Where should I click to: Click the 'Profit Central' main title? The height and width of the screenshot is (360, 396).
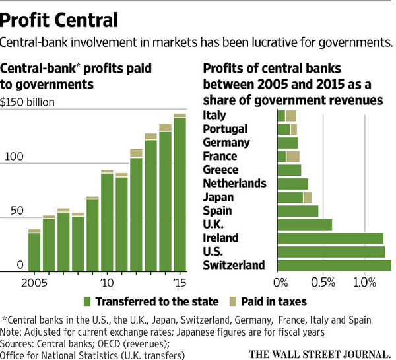point(61,18)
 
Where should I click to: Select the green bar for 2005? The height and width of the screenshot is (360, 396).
point(34,252)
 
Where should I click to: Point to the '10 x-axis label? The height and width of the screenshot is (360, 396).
point(106,283)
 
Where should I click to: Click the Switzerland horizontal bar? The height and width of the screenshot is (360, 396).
point(334,266)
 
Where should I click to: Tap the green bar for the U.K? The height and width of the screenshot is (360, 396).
point(305,225)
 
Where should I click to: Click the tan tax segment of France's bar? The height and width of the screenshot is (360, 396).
point(293,156)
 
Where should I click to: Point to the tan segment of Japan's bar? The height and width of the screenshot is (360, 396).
point(308,197)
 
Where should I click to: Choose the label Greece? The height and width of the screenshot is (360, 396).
point(220,170)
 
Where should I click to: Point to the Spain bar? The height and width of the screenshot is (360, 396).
point(298,211)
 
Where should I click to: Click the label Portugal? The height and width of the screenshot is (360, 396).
point(225,129)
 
